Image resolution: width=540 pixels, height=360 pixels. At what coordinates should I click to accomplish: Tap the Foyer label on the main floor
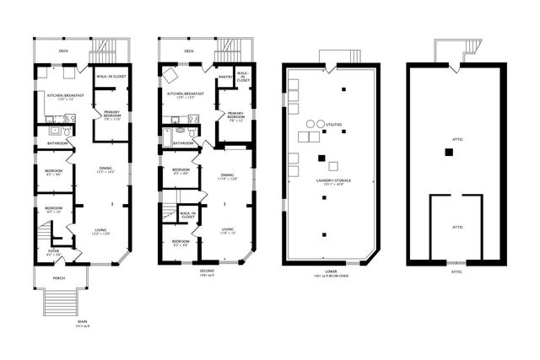53,250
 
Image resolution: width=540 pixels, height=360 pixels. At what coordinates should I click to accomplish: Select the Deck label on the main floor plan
63,51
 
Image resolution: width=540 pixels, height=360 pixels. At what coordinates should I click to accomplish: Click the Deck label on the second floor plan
188,51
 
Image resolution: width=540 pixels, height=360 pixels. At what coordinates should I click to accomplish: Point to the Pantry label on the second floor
225,76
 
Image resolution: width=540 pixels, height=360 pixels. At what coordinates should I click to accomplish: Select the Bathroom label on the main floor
57,143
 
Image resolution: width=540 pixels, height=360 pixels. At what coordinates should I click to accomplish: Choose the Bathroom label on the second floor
183,143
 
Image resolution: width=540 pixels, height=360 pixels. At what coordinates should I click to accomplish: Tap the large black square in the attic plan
450,152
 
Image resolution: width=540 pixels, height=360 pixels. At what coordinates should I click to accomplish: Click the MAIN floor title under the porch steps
83,321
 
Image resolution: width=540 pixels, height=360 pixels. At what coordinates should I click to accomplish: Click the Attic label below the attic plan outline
456,271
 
